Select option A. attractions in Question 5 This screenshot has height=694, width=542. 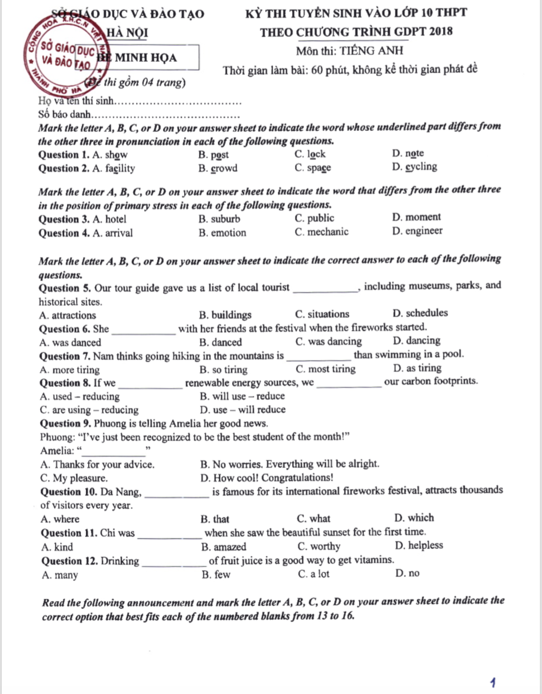pos(68,315)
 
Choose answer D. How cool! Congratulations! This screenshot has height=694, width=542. pos(267,478)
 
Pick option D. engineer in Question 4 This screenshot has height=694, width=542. pos(417,231)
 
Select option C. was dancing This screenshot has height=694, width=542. pos(329,342)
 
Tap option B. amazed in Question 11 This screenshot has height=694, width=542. pos(224,547)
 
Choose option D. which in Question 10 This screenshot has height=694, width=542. pos(414,518)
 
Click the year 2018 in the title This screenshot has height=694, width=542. pos(440,31)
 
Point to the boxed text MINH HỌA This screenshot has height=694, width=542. pos(146,58)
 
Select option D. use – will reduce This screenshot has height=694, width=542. pos(243,410)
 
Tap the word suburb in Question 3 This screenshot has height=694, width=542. pos(225,219)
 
